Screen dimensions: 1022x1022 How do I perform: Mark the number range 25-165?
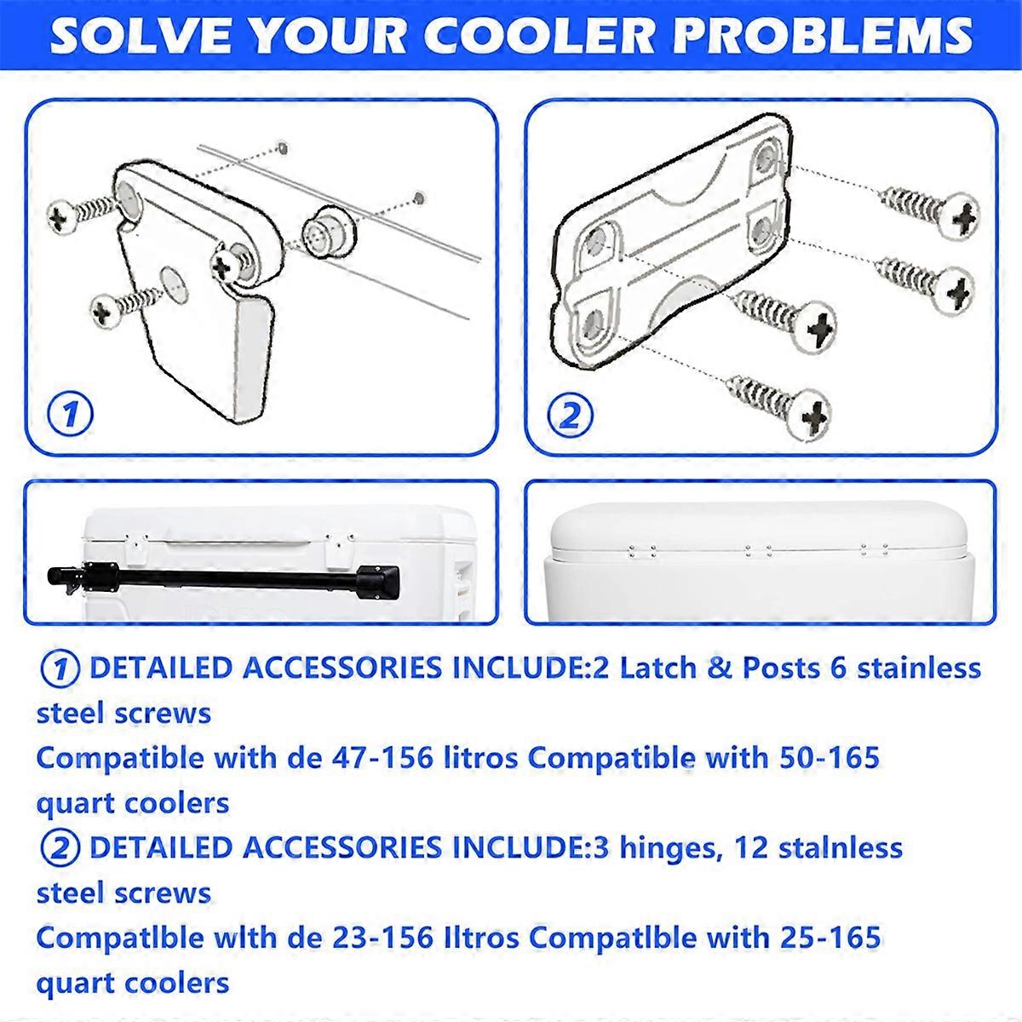817,938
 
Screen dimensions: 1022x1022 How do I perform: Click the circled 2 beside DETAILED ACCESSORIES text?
60,848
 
